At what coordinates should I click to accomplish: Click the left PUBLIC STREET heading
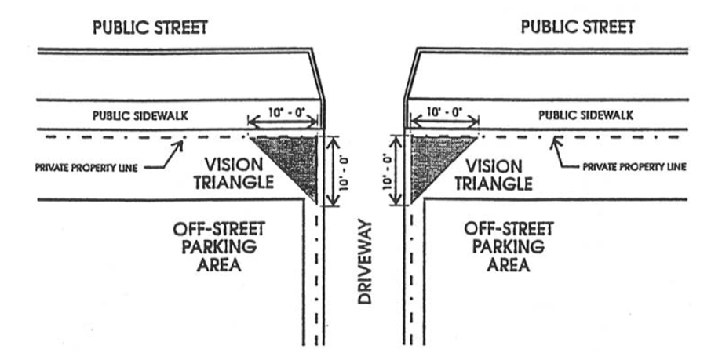[151, 27]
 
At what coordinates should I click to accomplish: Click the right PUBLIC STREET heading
[578, 27]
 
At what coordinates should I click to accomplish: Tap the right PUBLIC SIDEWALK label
[585, 115]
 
